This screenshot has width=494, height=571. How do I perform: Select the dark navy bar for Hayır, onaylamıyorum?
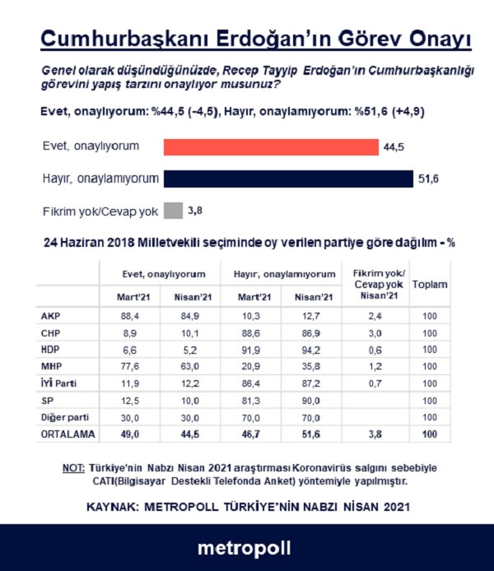click(288, 179)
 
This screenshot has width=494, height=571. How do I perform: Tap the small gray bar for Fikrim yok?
click(172, 211)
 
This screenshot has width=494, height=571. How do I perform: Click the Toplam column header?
click(429, 285)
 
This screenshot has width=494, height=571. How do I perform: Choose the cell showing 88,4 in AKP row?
click(129, 314)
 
